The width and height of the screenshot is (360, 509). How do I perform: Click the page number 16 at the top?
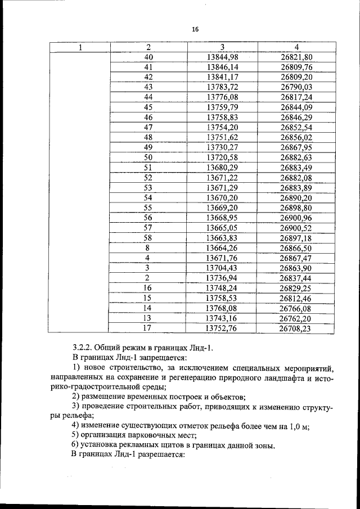point(195,29)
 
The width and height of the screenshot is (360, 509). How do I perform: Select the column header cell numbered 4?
point(296,47)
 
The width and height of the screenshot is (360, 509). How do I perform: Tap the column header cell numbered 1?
point(80,47)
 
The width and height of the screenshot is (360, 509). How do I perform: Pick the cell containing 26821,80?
point(296,57)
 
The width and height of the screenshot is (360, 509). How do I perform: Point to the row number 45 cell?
point(148,107)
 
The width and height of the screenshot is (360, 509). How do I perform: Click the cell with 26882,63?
point(296,157)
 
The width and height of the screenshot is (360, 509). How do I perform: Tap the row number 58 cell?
point(148,237)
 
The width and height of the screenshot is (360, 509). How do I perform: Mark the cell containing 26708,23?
point(296,328)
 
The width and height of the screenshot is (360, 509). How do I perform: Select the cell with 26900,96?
point(296,218)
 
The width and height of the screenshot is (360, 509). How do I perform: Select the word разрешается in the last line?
point(164,455)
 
